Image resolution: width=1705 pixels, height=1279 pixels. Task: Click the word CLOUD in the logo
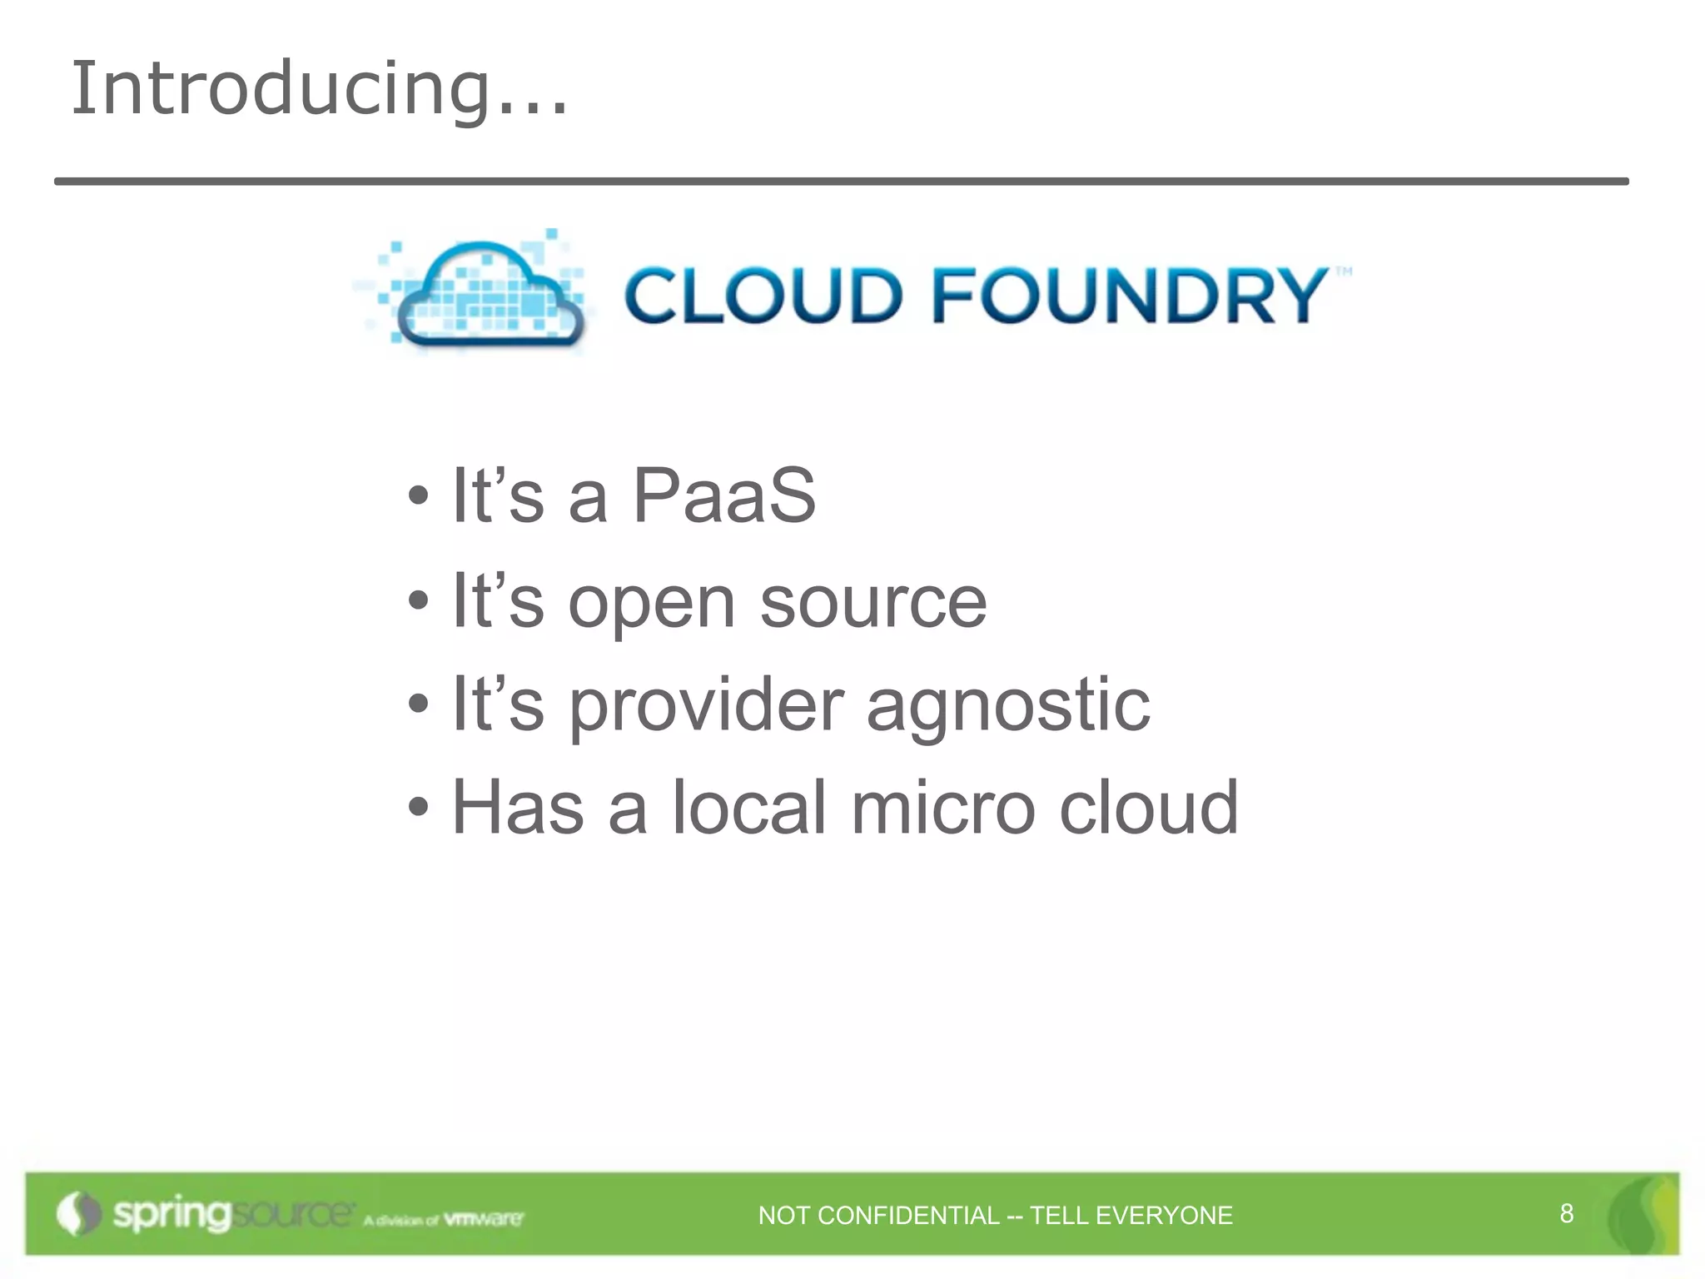click(763, 296)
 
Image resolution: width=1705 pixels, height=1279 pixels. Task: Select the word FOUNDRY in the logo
click(1128, 296)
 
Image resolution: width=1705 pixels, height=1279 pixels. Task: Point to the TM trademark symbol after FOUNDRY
click(1344, 271)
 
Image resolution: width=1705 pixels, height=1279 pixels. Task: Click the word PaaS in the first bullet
click(723, 496)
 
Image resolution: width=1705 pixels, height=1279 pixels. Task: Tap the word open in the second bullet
click(651, 603)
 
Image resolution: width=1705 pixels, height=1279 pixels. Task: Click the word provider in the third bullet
click(706, 706)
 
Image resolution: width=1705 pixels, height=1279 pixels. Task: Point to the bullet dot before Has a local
click(419, 807)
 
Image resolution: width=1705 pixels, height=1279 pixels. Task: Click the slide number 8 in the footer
click(1566, 1213)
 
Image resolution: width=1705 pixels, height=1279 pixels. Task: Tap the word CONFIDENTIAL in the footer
click(908, 1216)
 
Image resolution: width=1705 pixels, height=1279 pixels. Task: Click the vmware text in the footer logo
click(484, 1219)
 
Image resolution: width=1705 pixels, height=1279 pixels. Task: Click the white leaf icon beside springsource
click(77, 1214)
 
